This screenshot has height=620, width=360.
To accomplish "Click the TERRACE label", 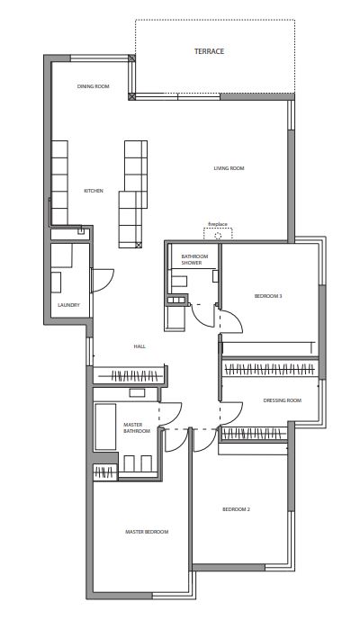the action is tap(209, 51).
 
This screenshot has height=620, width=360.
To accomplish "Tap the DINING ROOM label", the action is tap(93, 86).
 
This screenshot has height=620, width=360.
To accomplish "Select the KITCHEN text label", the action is tap(94, 191).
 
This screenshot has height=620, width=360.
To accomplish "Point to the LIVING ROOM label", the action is tap(229, 168).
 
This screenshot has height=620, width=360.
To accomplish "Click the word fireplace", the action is tap(218, 224).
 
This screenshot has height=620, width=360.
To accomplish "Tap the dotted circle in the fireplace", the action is tap(218, 236).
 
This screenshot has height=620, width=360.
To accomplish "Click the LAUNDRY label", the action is tap(68, 305).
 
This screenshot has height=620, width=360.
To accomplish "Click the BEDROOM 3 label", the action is tap(268, 296).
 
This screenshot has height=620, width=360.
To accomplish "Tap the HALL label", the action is tap(139, 346).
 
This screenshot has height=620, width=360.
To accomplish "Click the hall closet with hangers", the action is tap(130, 375).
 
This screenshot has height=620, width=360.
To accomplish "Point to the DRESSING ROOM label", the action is tap(282, 400).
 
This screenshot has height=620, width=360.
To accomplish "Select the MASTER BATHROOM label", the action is tap(137, 427).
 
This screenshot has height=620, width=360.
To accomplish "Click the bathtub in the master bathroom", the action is tap(105, 427).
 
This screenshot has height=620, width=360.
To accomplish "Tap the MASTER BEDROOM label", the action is tap(147, 532).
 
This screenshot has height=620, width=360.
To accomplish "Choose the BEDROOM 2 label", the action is tap(236, 509).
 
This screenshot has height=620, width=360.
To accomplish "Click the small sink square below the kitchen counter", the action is tap(81, 231).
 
